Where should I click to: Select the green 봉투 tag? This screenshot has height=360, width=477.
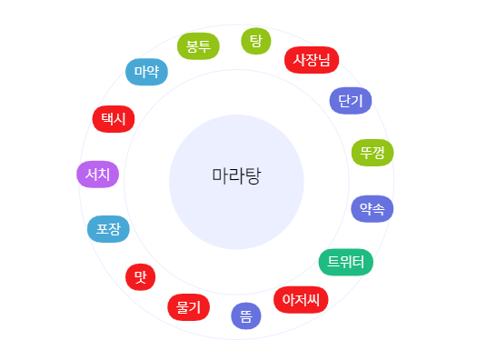point(198,46)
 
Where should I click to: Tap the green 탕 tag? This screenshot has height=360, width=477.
point(255,41)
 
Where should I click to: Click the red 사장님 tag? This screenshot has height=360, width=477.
point(312,60)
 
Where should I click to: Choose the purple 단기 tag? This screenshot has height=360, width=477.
point(351,99)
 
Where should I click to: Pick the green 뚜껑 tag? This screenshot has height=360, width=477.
point(373,153)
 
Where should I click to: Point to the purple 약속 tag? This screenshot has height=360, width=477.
point(372,208)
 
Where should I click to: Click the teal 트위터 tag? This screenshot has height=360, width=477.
point(345,262)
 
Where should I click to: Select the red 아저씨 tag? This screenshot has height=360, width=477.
point(301,298)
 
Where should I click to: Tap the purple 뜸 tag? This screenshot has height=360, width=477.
point(246,315)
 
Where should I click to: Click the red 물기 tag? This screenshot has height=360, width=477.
point(189,307)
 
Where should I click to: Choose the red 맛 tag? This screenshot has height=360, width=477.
point(140,276)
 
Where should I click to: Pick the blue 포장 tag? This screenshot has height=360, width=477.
point(108,228)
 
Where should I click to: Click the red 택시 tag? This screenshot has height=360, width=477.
point(114,118)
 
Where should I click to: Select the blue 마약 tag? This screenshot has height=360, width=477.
point(146,71)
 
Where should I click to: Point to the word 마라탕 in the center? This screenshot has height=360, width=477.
point(236,175)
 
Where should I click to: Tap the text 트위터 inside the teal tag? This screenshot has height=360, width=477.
point(345,262)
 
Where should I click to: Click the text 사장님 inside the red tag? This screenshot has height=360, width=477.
point(312,60)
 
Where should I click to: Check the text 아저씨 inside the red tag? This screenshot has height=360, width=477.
point(301,298)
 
